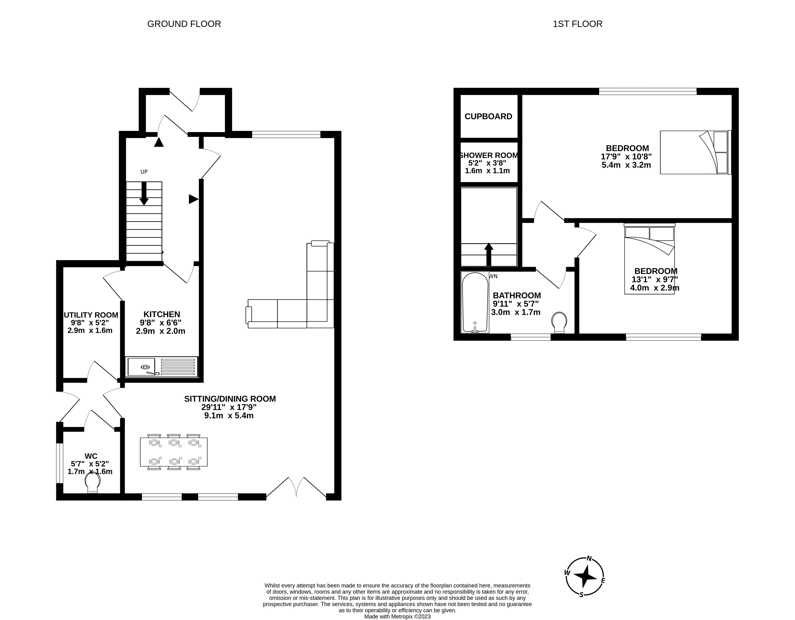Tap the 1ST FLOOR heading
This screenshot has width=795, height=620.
(577, 24)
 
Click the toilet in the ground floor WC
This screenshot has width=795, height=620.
(92, 483)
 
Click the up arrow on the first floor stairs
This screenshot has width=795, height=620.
(489, 254)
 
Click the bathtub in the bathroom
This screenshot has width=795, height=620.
(475, 302)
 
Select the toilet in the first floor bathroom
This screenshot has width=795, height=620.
(559, 322)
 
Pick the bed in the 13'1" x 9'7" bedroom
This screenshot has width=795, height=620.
(649, 260)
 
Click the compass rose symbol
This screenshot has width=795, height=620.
(585, 577)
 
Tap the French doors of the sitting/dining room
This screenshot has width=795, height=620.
(296, 487)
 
